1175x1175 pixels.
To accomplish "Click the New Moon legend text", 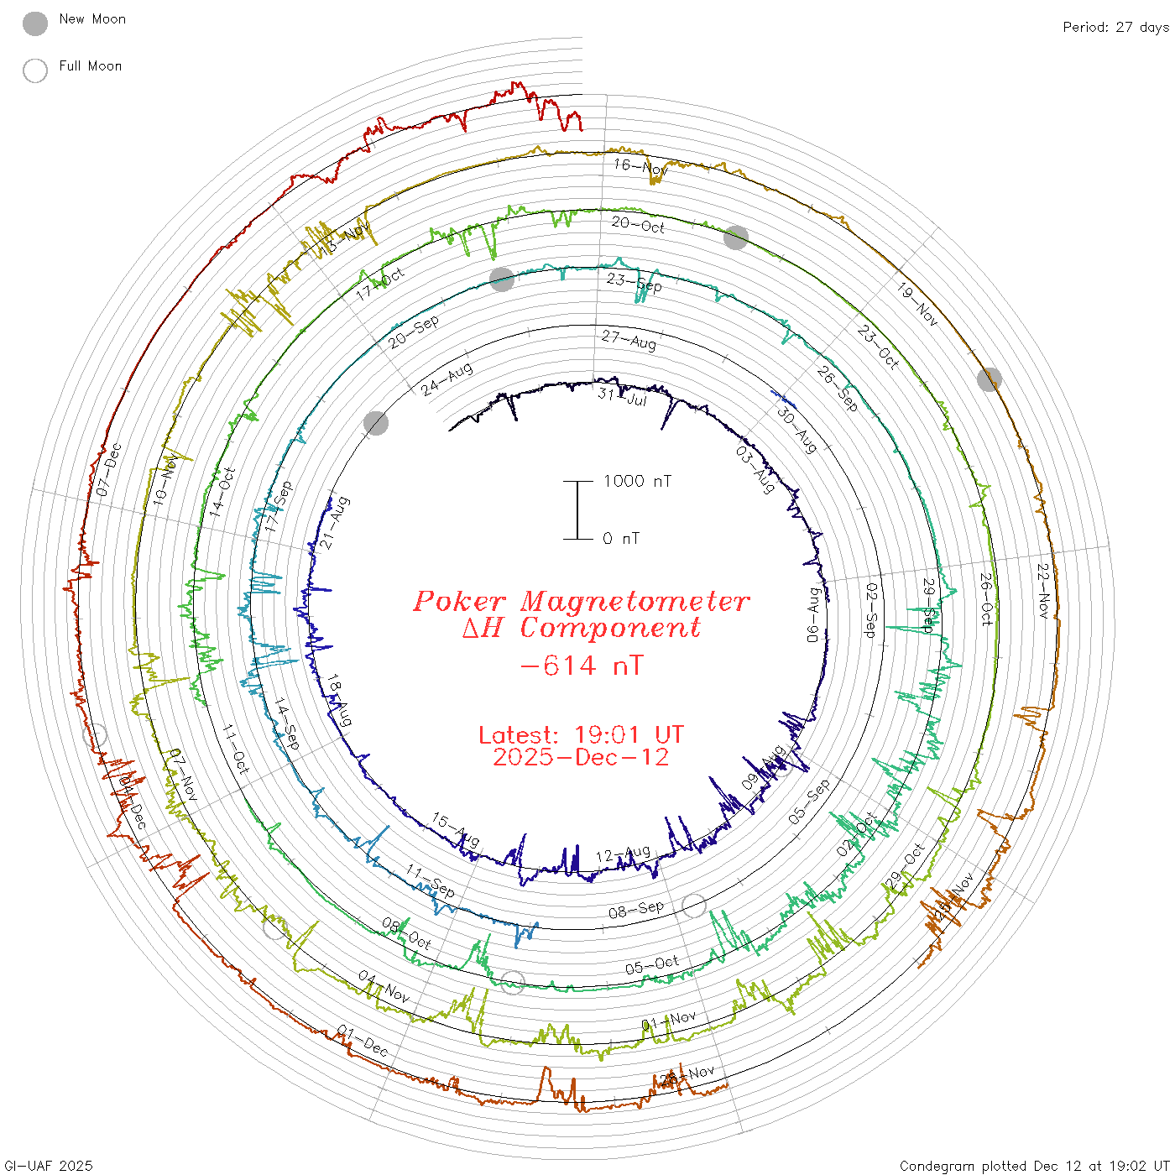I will pos(92,19).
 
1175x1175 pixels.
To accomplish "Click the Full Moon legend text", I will pos(91,66).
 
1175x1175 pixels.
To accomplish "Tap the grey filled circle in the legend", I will pos(35,23).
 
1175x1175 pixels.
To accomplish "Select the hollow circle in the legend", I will pos(35,70).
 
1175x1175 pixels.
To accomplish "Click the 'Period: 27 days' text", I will pos(1115,28).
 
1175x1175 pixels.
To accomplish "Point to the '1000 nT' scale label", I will pos(637,481).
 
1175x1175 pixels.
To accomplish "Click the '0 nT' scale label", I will pos(621,539).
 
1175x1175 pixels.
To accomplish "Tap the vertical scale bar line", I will pos(577,510).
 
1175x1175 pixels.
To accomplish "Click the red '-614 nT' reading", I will pos(582,666).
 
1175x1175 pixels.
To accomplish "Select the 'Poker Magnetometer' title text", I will pos(581,601).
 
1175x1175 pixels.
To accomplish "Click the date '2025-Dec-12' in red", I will pos(581,758).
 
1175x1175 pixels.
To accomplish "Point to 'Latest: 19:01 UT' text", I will pos(581,735).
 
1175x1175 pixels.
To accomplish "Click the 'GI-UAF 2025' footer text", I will pos(49,1166).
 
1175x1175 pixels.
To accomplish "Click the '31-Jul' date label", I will pos(623,396).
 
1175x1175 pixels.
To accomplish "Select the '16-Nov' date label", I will pos(640,166).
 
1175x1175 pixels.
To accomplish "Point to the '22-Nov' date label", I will pos(1043,591).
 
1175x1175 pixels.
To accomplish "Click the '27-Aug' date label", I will pos(629,340).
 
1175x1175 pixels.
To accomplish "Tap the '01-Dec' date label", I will pos(363,1041).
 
